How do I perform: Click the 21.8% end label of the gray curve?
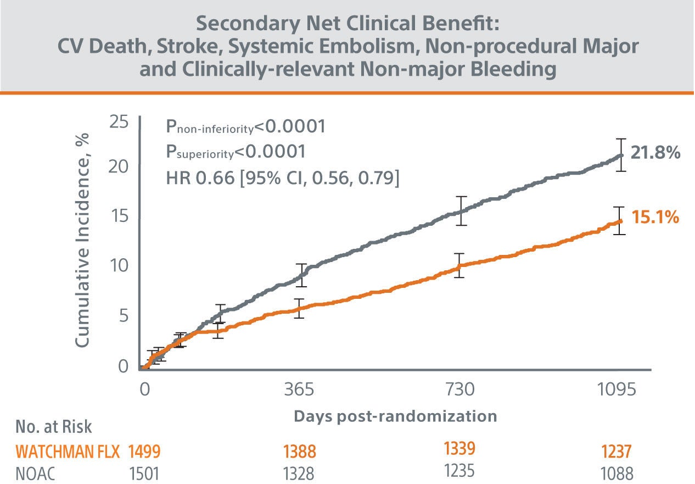(655, 153)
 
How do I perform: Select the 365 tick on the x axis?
(300, 390)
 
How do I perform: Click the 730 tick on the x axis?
(460, 390)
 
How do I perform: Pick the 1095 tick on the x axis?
(618, 390)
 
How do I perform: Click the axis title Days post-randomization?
(395, 416)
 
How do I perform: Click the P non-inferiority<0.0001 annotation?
(245, 127)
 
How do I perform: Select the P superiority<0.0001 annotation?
(236, 152)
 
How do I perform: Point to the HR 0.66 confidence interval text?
(282, 178)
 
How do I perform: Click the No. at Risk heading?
(53, 427)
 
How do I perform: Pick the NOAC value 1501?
(144, 474)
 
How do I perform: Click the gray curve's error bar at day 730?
(462, 210)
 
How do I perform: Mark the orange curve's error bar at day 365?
(299, 309)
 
